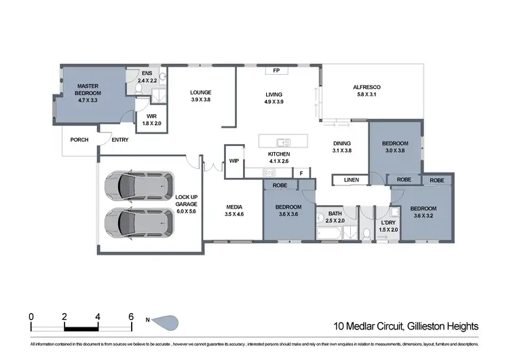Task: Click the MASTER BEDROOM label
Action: point(88,90)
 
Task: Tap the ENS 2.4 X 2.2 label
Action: point(147,77)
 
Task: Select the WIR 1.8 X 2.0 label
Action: point(151,120)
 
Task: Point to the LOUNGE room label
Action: point(200,96)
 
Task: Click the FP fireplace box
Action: point(276,70)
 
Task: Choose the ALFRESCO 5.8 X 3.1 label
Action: point(366,91)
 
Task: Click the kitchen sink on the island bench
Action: point(283,142)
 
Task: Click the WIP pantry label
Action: point(233,161)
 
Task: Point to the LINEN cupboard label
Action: point(350,180)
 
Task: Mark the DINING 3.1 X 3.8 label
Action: point(342,147)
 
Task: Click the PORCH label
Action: point(79,140)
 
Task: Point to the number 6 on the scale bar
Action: point(130,316)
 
